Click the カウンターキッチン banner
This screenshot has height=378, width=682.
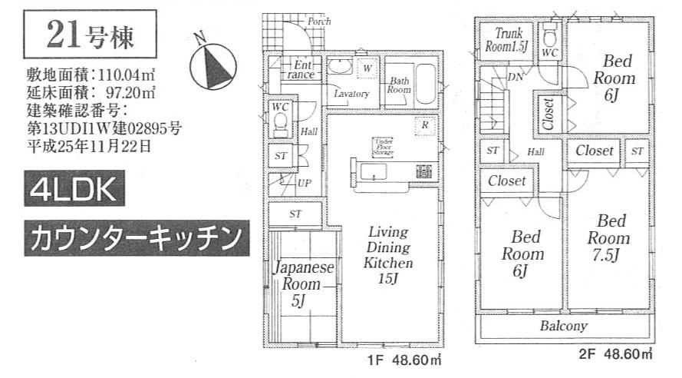point(136,237)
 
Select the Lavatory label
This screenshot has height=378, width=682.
point(351,94)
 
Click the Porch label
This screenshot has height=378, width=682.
point(318,22)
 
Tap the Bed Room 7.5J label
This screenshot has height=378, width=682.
point(611,238)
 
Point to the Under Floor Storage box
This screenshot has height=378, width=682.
point(383,147)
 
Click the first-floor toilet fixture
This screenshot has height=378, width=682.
point(280,122)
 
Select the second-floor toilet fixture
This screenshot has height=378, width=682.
point(549,37)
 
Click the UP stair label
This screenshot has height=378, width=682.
point(305,184)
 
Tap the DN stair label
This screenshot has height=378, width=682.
point(516,76)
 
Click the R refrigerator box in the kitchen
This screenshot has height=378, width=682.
point(423,124)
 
